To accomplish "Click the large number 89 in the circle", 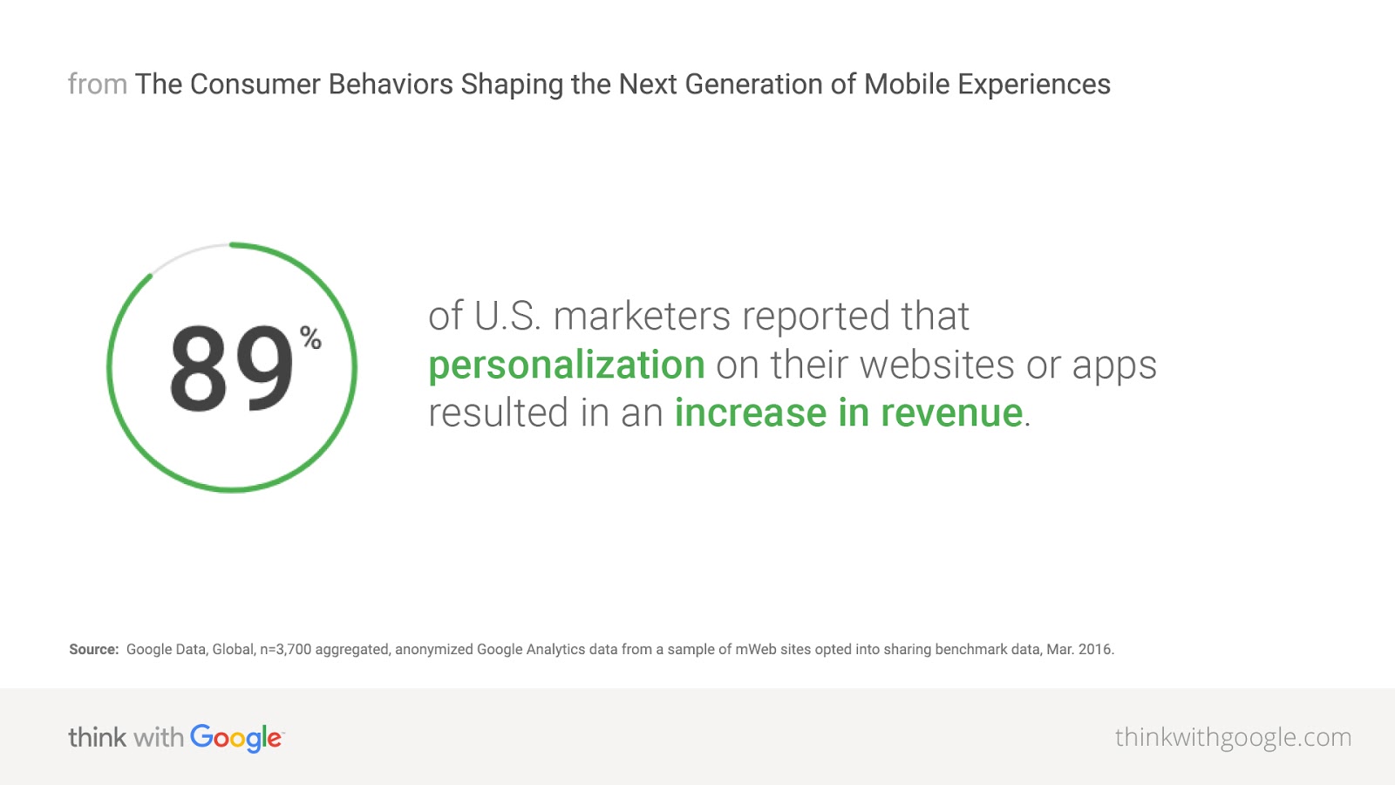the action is click(x=231, y=368).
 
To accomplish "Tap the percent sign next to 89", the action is click(x=310, y=338).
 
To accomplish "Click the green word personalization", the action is click(x=567, y=365).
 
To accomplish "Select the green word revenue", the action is click(x=951, y=413).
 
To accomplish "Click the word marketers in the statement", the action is click(x=642, y=316).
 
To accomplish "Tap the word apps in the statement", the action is click(x=1114, y=367).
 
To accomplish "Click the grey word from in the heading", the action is click(x=97, y=84).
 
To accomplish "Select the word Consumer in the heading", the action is click(x=255, y=85).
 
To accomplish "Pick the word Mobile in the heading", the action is click(x=907, y=84).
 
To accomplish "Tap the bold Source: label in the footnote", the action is click(x=93, y=649).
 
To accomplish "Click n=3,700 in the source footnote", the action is click(x=285, y=650).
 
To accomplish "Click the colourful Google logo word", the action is click(x=236, y=738).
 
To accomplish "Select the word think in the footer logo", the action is click(x=97, y=738).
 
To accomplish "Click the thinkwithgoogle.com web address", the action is click(x=1233, y=738).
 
